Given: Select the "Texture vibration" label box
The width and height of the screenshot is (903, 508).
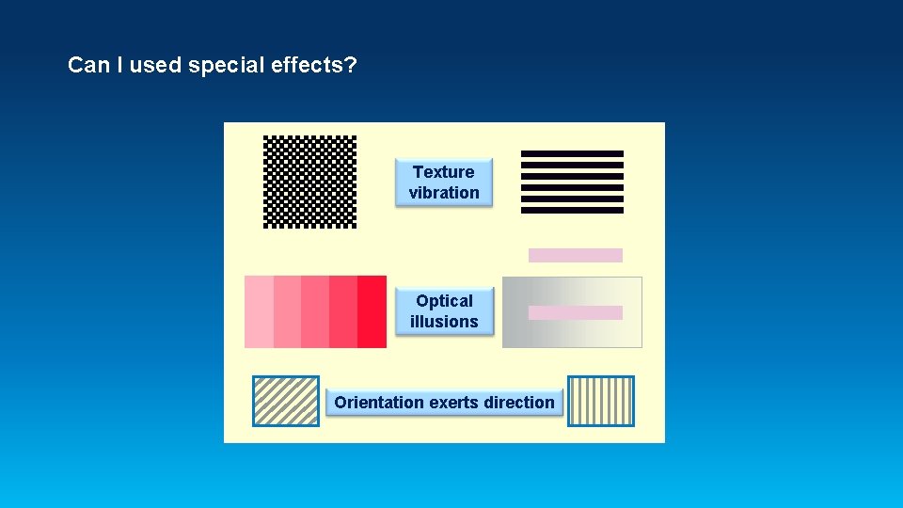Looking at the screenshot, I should pos(444,183).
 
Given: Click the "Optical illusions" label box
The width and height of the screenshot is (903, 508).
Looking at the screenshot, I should pos(444,311).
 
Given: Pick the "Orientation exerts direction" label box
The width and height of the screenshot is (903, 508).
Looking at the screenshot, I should pos(444,403).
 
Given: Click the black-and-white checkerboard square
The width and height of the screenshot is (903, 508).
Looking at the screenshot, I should pos(309,182).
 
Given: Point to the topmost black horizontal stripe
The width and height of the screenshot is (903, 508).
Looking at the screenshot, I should pos(572,153).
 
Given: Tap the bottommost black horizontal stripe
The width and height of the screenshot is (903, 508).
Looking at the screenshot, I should pos(572,210).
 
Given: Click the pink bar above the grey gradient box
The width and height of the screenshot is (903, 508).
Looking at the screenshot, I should pos(576,255).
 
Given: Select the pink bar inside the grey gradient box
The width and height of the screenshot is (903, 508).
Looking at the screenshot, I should pos(576,312).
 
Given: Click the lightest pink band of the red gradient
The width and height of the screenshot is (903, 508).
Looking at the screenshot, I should pos(259,311).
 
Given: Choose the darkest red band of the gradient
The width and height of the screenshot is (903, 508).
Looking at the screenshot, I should pos(372,311).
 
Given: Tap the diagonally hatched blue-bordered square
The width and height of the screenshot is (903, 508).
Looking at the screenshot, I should pos(286,401).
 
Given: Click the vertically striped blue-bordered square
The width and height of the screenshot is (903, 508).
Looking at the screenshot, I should pos(601,401).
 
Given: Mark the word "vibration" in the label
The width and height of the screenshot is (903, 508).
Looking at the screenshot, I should pos(444,193).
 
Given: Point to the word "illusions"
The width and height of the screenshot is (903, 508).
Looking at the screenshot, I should pos(444,322).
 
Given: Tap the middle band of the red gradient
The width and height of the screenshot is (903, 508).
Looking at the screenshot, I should pos(315,311).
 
